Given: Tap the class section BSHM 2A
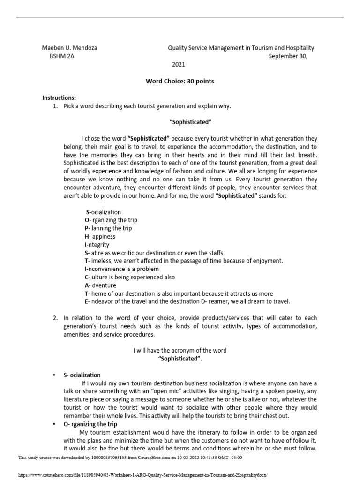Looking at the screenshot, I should click(x=62, y=56).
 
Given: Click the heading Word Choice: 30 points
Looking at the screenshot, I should click(x=180, y=81).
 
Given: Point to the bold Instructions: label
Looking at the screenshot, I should click(x=59, y=98).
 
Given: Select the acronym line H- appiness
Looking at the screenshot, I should click(x=100, y=237).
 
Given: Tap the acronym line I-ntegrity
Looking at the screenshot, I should click(x=97, y=245).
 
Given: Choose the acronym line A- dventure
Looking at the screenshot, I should click(x=100, y=285).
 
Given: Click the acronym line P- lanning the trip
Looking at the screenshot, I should click(x=108, y=228).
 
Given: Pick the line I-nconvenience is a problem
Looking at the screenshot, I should click(x=122, y=269).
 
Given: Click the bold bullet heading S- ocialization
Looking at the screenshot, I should click(x=82, y=375).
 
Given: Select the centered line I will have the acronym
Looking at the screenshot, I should click(x=180, y=350).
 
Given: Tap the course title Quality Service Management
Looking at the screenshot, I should click(x=241, y=48).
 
